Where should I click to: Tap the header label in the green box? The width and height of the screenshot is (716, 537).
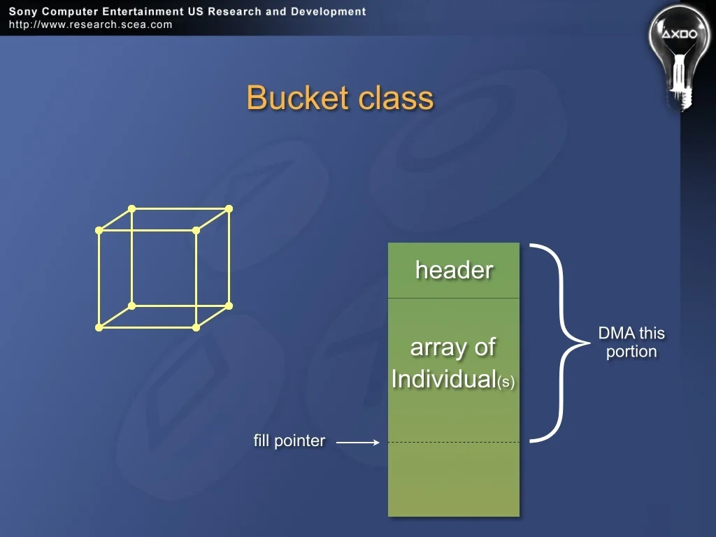[x=454, y=270]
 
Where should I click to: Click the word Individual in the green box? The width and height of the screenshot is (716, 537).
[x=444, y=379]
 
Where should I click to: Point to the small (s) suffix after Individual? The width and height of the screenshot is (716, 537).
[x=506, y=381]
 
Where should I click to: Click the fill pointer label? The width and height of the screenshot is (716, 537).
[x=289, y=441]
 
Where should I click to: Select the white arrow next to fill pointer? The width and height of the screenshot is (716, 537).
[x=357, y=442]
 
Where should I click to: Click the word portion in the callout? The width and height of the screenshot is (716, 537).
[x=631, y=352]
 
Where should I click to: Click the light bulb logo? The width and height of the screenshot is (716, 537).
[x=680, y=55]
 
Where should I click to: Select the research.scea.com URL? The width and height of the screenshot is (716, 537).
[x=90, y=24]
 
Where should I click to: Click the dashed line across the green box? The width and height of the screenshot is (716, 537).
[x=454, y=442]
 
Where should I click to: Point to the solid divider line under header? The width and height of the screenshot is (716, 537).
[x=454, y=298]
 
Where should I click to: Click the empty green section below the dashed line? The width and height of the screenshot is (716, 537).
[x=454, y=480]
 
